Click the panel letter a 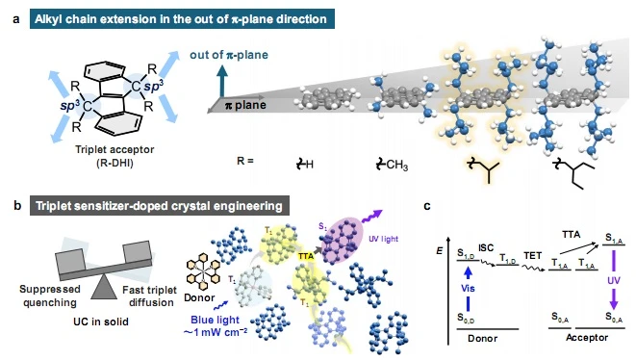tap(15, 19)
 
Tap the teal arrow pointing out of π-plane tap(222, 81)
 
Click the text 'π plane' tap(245, 105)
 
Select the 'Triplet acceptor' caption tap(114, 149)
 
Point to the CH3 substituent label tap(392, 165)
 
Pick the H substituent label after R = tap(305, 164)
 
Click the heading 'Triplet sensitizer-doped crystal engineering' tap(159, 206)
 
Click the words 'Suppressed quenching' tap(49, 296)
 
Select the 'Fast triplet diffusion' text tap(150, 296)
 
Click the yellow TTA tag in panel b tap(305, 256)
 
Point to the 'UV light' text tap(383, 239)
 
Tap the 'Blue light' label tap(215, 320)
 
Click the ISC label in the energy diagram tap(486, 247)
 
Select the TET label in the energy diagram tap(533, 255)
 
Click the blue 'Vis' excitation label tap(468, 289)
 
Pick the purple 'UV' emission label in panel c tap(613, 280)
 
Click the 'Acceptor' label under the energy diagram tap(587, 338)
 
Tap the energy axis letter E tap(440, 251)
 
